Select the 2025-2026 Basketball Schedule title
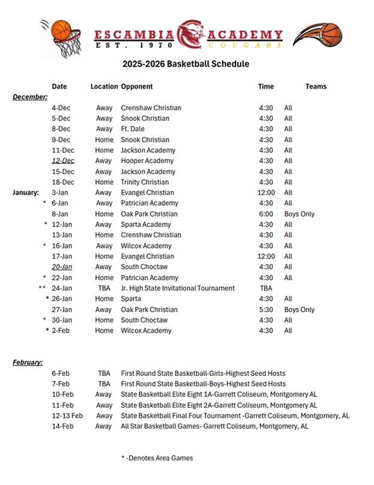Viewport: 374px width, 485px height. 186,64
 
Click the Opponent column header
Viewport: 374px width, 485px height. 137,86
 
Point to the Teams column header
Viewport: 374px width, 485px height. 316,86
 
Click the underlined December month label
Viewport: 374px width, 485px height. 30,97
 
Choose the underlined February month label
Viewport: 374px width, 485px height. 28,362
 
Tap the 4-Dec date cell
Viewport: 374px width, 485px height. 61,108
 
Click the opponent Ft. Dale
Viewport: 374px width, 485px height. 134,129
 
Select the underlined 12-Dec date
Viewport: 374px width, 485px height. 63,161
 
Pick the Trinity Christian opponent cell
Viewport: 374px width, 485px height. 144,182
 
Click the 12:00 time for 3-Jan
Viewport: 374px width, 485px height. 267,192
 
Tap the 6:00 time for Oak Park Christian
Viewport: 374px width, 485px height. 266,214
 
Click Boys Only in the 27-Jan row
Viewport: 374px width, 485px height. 299,309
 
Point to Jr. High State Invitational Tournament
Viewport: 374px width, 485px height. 177,288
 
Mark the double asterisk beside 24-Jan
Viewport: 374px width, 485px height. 42,288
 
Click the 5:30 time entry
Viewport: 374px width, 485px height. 266,309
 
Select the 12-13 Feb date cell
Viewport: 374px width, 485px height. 67,415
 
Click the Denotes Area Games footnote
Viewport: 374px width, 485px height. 156,458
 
